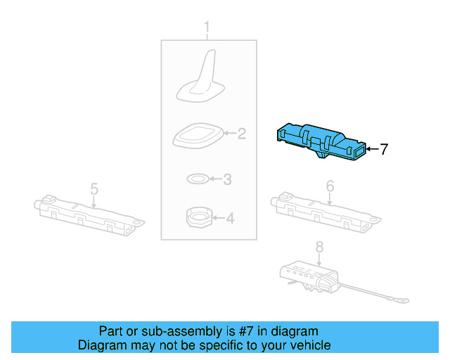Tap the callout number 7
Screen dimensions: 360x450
pyautogui.click(x=384, y=149)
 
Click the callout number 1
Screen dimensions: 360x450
pyautogui.click(x=207, y=27)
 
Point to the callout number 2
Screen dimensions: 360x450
pyautogui.click(x=240, y=133)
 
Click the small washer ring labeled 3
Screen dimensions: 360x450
pyautogui.click(x=197, y=179)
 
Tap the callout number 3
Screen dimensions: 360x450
pyautogui.click(x=227, y=180)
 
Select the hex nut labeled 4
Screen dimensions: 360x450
pyautogui.click(x=199, y=219)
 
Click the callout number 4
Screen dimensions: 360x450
pyautogui.click(x=230, y=219)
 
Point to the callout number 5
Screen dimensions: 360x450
pyautogui.click(x=94, y=188)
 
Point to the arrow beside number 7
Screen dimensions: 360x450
pyautogui.click(x=373, y=149)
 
